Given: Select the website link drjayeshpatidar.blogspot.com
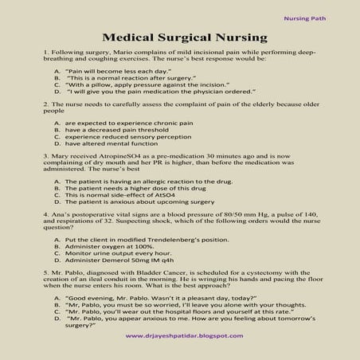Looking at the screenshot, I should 186,336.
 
